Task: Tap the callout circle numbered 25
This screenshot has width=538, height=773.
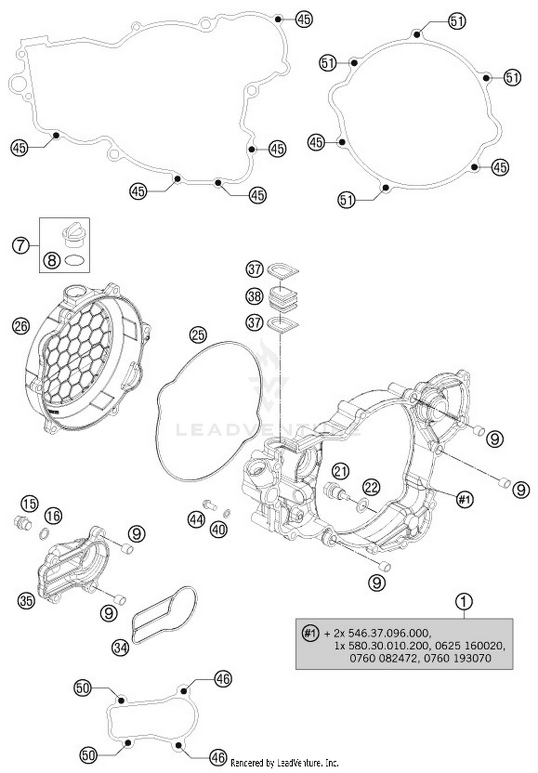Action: [x=198, y=335]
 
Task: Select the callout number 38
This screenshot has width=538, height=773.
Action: [x=254, y=296]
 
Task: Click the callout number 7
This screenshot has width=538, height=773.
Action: [x=20, y=245]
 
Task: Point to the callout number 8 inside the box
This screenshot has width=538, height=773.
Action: [x=52, y=260]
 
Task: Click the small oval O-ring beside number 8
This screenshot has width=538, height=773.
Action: [x=75, y=260]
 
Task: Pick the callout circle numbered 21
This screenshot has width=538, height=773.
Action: [x=340, y=471]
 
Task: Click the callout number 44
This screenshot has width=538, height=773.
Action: [x=196, y=519]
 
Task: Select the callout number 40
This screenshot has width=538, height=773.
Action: [x=219, y=529]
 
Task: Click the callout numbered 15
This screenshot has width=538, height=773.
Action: [x=29, y=504]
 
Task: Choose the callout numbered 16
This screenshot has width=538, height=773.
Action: [x=53, y=516]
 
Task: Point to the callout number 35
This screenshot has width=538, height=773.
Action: [x=27, y=600]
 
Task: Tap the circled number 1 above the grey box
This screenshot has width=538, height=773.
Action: [x=463, y=602]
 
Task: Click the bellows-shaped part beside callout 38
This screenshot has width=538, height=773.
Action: [x=283, y=296]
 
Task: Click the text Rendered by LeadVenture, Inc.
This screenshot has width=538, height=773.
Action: [x=284, y=762]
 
